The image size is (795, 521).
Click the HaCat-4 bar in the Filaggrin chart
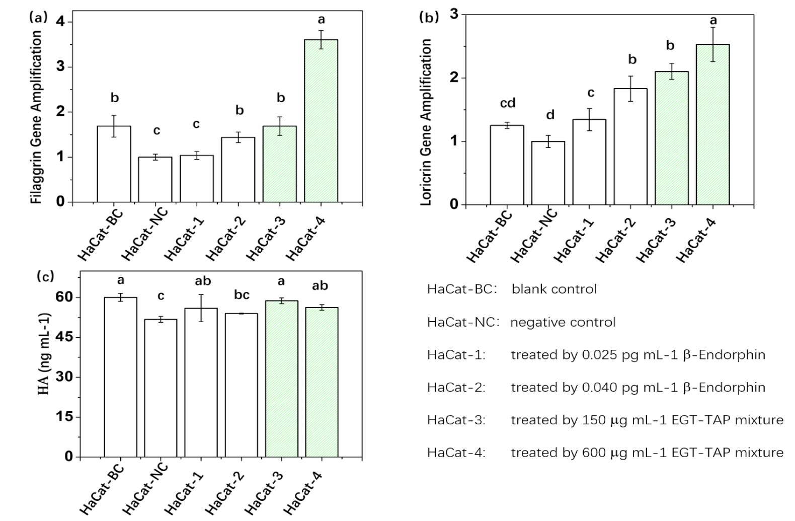click(x=321, y=121)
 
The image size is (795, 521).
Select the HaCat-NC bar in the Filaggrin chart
click(x=155, y=179)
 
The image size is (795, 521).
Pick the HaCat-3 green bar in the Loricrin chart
click(x=672, y=138)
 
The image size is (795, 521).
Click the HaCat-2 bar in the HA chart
click(x=242, y=385)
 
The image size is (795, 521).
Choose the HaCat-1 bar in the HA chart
click(x=201, y=383)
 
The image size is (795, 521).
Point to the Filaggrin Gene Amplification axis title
click(x=36, y=117)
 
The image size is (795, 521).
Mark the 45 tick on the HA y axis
click(x=63, y=337)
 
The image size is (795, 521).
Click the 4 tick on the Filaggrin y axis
click(x=60, y=22)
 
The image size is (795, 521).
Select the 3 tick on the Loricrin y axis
click(x=454, y=14)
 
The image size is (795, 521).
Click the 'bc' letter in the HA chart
click(x=242, y=295)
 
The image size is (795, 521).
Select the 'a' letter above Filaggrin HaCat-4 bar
click(x=321, y=20)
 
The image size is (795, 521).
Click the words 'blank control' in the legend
click(x=554, y=289)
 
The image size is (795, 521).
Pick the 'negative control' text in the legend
click(x=563, y=322)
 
